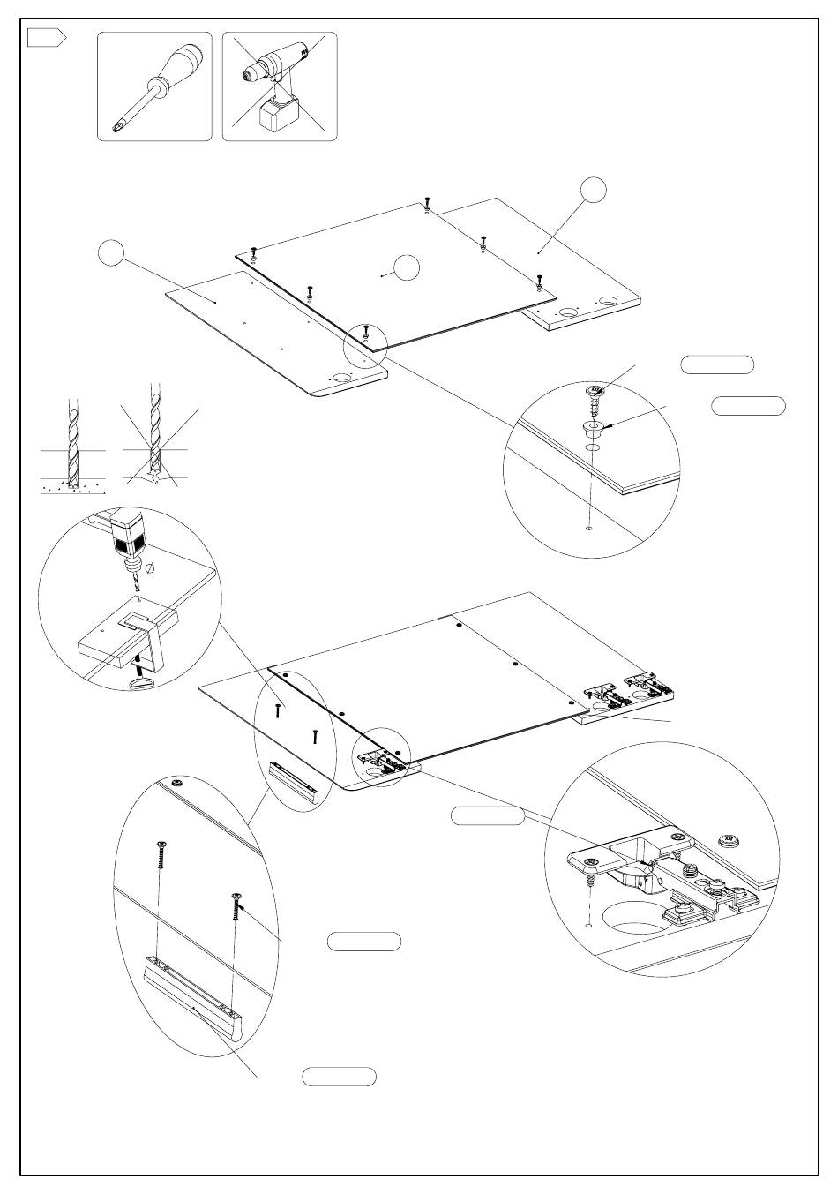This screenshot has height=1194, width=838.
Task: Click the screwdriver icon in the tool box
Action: (153, 86)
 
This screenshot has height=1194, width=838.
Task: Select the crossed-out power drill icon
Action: (279, 86)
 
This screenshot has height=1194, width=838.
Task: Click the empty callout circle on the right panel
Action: (594, 189)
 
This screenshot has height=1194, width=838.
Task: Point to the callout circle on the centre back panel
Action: (407, 267)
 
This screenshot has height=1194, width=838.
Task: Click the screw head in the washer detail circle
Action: (595, 389)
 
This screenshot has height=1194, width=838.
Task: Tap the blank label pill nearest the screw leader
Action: (717, 364)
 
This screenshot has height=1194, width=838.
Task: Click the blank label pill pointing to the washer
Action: (748, 406)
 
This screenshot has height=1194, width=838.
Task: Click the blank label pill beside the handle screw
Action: (364, 942)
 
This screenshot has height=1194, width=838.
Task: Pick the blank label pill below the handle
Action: (340, 1077)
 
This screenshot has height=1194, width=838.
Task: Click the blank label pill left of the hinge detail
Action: (488, 816)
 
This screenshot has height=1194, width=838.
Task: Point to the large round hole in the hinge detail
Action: (635, 918)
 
